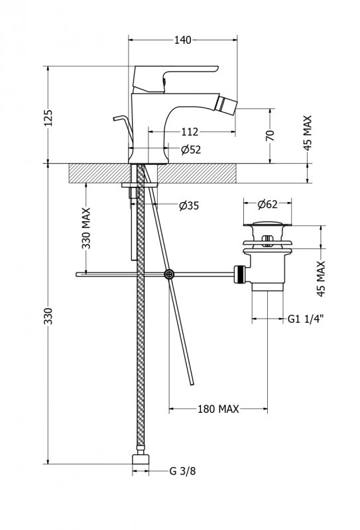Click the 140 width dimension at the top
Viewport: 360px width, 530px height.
[x=183, y=40]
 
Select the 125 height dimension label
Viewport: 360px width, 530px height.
[x=48, y=118]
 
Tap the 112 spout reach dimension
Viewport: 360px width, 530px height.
[x=190, y=131]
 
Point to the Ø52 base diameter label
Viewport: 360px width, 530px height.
[x=191, y=150]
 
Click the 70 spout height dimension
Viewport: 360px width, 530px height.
[x=270, y=135]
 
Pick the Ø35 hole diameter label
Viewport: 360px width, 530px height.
[x=189, y=205]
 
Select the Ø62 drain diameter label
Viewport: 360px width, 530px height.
[x=267, y=204]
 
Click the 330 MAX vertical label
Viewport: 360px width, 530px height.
[x=86, y=228]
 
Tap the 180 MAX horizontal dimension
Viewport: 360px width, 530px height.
[x=218, y=409]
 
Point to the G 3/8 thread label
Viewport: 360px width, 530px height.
[x=182, y=471]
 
